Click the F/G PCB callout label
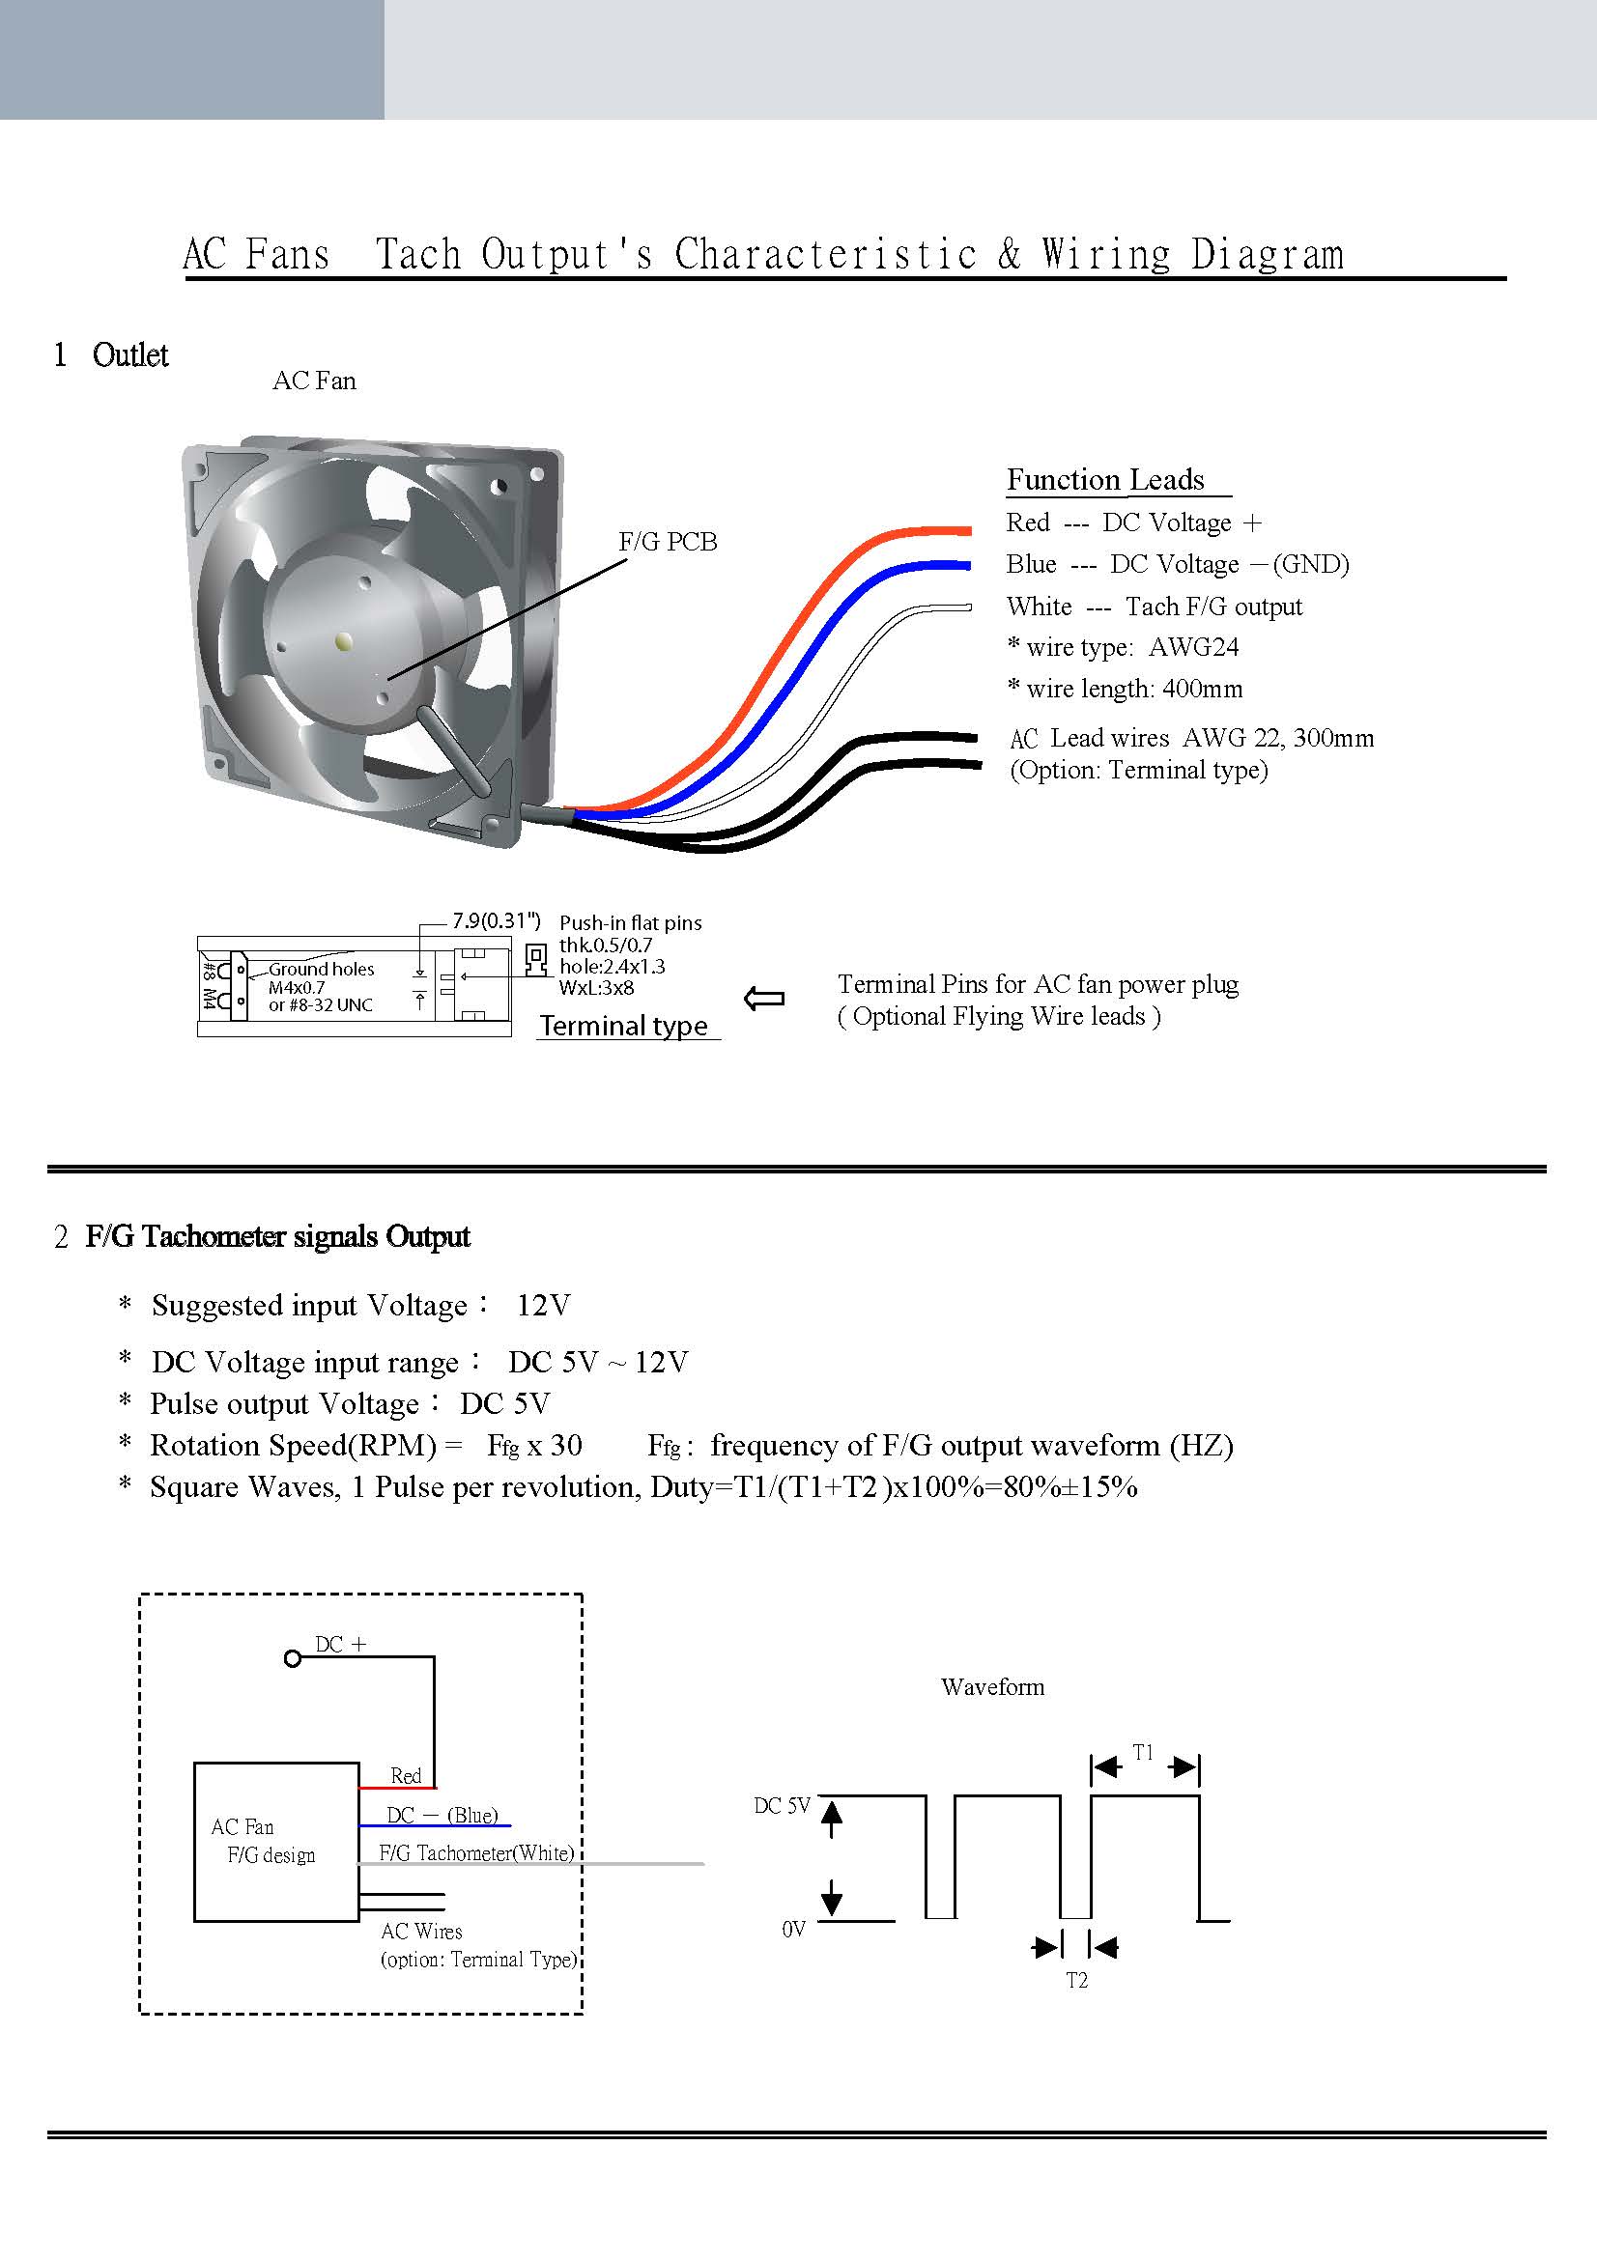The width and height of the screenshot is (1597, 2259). click(668, 542)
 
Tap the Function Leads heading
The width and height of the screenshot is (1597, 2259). click(1105, 479)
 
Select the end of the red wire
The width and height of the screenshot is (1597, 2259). click(969, 531)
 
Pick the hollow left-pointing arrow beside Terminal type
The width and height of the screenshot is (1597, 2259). click(764, 1000)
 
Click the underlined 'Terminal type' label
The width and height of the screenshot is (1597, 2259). click(624, 1026)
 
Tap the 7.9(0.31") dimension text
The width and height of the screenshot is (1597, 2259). click(496, 921)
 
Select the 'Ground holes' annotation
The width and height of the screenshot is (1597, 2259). click(322, 969)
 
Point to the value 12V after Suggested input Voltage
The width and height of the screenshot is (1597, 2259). click(543, 1306)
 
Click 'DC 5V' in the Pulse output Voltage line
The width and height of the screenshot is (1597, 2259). click(504, 1404)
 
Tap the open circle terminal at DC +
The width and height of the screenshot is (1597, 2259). click(292, 1659)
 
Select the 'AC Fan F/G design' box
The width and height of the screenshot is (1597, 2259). click(276, 1842)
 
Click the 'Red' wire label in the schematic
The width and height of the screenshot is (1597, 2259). click(406, 1776)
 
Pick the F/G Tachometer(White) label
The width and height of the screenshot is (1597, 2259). click(477, 1853)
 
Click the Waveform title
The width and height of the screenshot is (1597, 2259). click(993, 1687)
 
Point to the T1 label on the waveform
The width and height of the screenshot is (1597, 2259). click(1142, 1752)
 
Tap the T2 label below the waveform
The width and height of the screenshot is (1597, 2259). click(1077, 1981)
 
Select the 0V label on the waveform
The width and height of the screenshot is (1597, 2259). click(794, 1930)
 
